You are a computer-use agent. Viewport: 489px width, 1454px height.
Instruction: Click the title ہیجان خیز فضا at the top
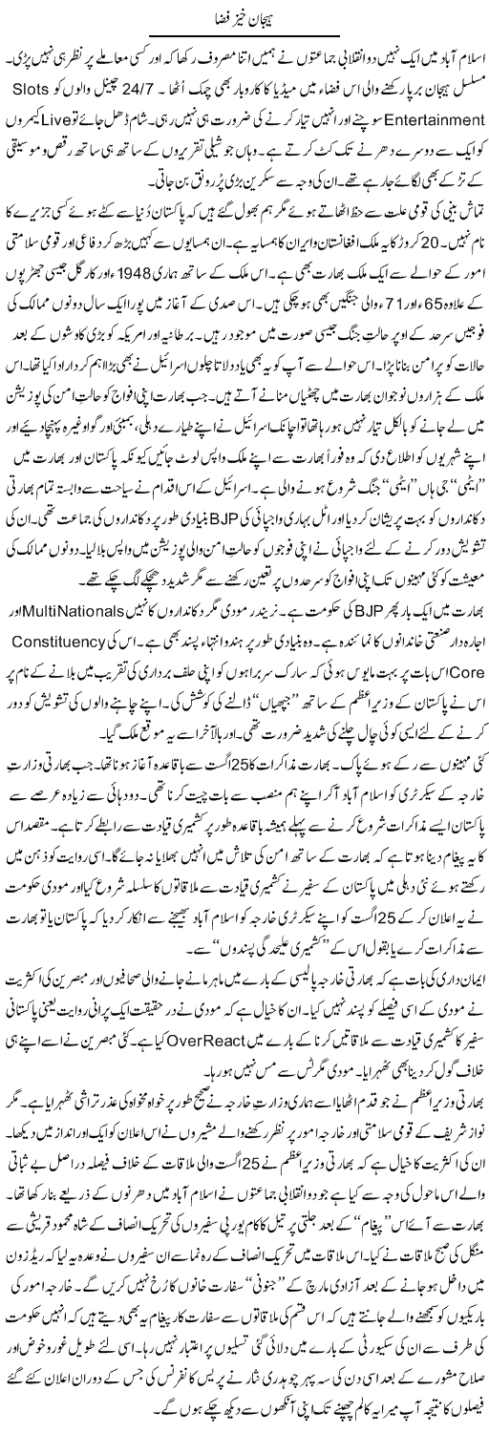[x=244, y=18]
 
